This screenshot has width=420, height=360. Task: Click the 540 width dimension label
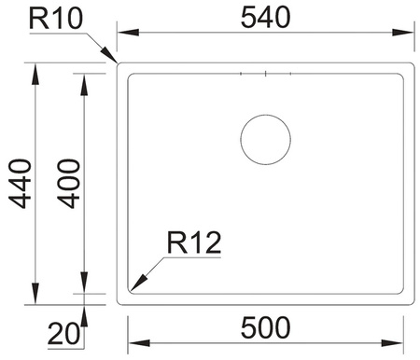coord(266,18)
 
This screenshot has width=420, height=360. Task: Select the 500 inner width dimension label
coord(266,327)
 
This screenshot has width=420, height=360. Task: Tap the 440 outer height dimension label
coord(20,184)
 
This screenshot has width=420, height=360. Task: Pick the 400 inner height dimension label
coord(69,184)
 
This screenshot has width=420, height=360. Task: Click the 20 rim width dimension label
coord(63,334)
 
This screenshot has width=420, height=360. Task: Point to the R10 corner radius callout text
coord(56,19)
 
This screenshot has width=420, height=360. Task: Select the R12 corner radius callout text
coord(194,242)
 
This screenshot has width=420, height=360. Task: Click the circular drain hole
coord(265,140)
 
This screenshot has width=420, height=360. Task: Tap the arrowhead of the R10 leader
coord(110,55)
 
